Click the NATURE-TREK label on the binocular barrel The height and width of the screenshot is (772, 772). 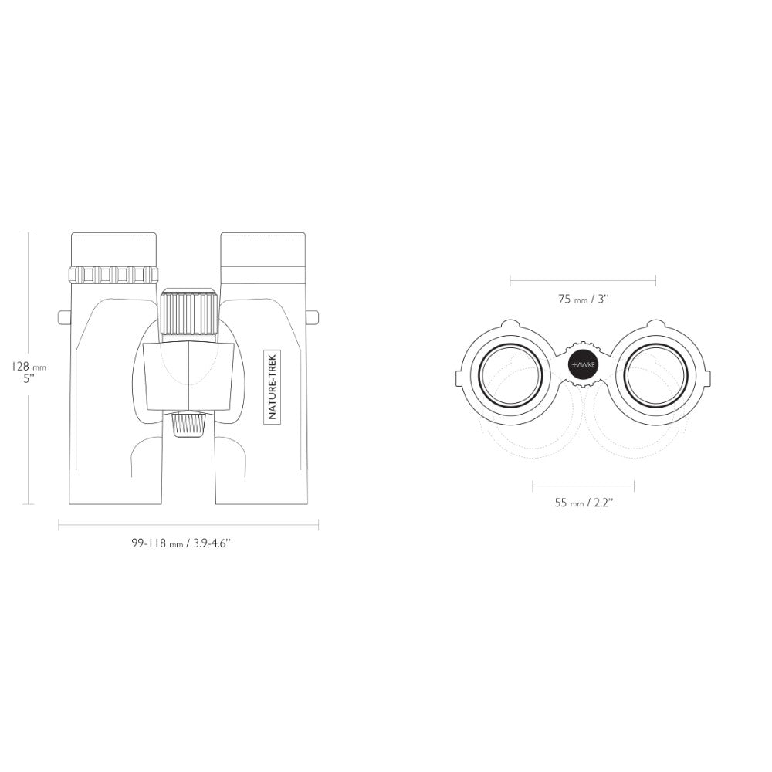point(273,386)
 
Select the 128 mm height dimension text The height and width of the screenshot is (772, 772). point(29,372)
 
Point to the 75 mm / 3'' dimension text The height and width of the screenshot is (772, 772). point(584,299)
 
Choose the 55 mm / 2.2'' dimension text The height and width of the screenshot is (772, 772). point(584,503)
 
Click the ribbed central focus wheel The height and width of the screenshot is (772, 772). point(188,313)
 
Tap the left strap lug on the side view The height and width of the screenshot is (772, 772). point(65,317)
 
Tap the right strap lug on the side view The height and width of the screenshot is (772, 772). point(312,317)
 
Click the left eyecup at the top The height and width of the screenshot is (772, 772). point(114,249)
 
